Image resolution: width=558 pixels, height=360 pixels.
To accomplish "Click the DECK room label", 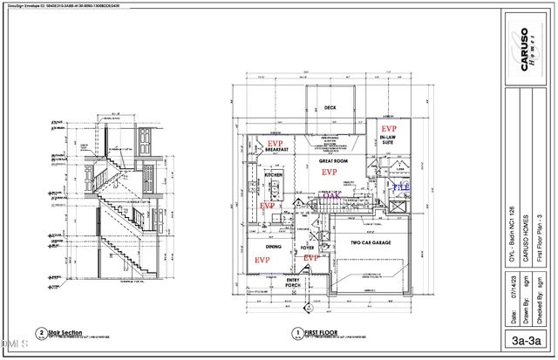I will click(330, 108).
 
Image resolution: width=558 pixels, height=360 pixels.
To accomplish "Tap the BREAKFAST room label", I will click(277, 150).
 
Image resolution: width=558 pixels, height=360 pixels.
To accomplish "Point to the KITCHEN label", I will click(274, 174).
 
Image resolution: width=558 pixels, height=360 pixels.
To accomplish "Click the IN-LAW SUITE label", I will click(390, 139).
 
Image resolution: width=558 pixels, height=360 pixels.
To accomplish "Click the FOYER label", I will click(308, 248).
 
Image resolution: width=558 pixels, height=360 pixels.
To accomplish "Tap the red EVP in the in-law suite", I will click(389, 127).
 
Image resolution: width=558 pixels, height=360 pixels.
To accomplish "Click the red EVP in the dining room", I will click(261, 260).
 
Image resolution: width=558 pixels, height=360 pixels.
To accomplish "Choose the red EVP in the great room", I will click(330, 173).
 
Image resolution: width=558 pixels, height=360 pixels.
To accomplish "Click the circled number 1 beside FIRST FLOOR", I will click(297, 333).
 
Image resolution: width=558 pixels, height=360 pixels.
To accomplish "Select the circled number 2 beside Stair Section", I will click(41, 333).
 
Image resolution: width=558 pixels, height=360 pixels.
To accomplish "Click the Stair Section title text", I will click(66, 331).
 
